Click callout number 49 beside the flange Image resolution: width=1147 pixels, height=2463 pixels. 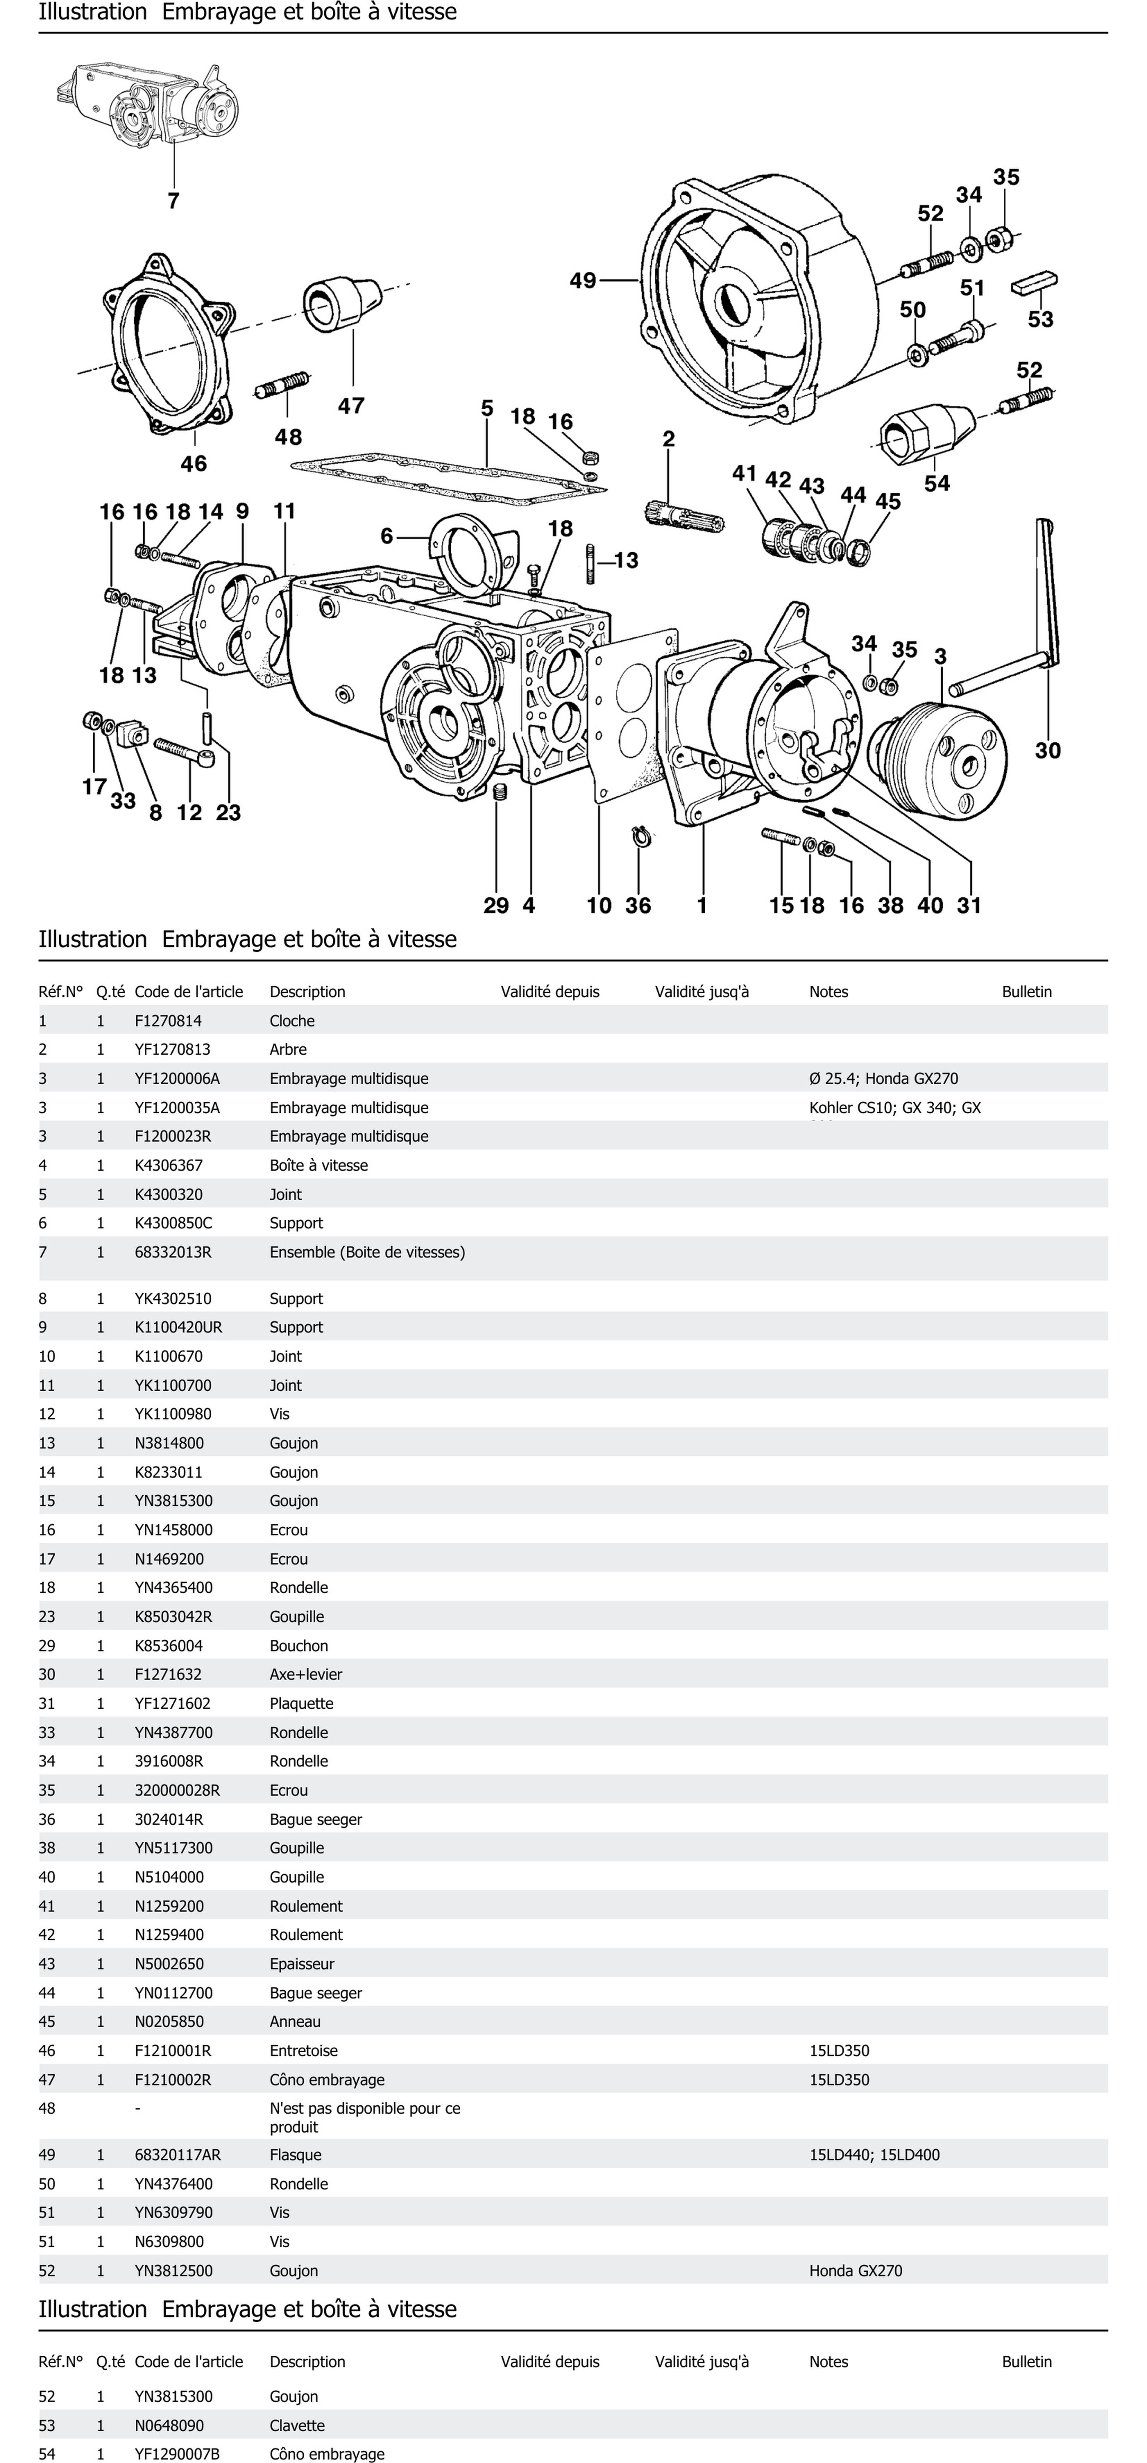[582, 280]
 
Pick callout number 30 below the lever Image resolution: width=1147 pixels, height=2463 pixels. [1047, 751]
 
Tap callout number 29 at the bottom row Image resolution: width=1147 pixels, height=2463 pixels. [496, 905]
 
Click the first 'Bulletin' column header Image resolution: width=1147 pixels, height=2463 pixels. [1027, 992]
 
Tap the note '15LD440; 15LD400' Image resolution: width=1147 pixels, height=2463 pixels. [874, 2155]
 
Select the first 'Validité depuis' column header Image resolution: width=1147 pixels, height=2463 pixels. [550, 992]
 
